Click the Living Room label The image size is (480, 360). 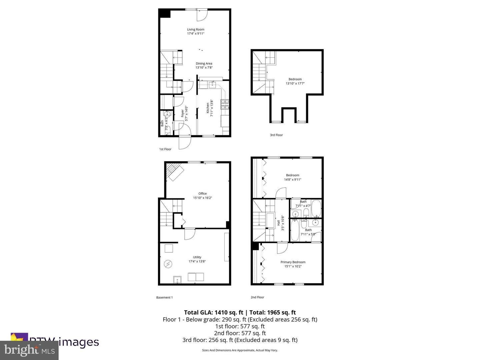(x=195, y=29)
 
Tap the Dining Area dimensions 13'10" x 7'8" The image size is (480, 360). (x=204, y=68)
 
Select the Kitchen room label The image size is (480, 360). (x=208, y=108)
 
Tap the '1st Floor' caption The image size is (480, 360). (x=165, y=149)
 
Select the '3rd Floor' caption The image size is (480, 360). (x=276, y=135)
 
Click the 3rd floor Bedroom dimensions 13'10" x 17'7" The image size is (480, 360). (x=295, y=84)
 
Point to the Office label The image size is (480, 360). (x=202, y=194)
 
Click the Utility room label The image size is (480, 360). (x=197, y=257)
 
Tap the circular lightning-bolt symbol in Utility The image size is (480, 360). (x=168, y=264)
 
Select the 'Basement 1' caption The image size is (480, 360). (x=164, y=298)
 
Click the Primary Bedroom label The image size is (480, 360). (x=293, y=262)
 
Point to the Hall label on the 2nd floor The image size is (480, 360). (x=279, y=223)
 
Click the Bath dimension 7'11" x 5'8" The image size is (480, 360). (x=308, y=234)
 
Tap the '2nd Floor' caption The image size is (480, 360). (x=257, y=297)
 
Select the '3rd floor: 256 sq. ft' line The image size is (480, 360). (x=240, y=340)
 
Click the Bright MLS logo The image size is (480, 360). (x=29, y=350)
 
